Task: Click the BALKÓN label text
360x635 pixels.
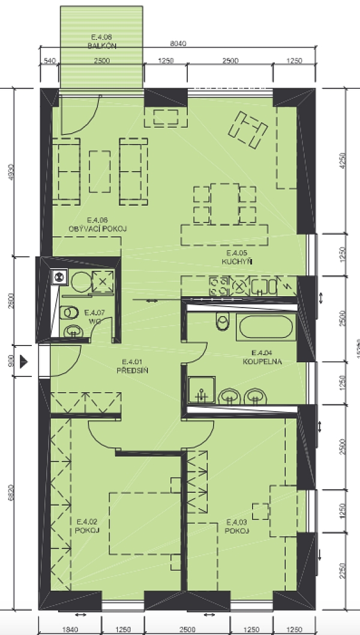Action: (101, 46)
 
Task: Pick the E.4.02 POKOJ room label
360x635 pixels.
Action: (88, 531)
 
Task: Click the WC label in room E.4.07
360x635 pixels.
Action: (93, 321)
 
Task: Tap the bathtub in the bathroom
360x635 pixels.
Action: (265, 328)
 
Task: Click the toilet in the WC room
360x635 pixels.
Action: (70, 312)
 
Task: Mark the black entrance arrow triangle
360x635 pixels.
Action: (25, 362)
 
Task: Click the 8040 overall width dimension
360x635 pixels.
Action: (179, 43)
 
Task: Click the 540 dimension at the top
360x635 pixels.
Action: (50, 61)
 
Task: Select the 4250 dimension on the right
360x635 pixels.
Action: (343, 161)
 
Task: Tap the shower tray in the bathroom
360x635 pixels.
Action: (202, 390)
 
